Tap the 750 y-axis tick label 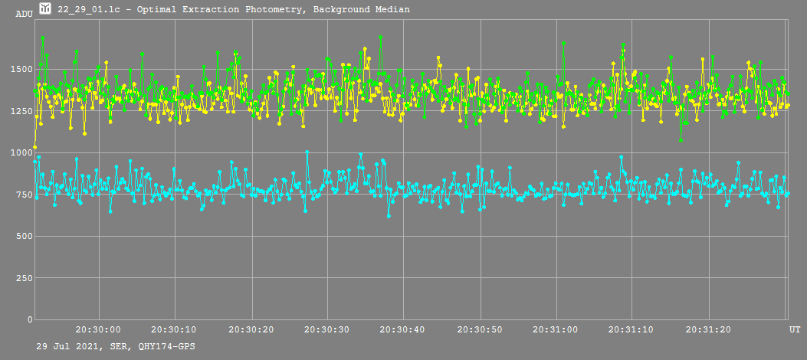tap(22, 195)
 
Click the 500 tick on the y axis tap(22, 236)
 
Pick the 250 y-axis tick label tap(22, 278)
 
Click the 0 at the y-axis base tap(28, 319)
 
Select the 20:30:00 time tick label tap(99, 329)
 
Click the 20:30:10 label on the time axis tap(175, 329)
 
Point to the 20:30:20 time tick tap(251, 329)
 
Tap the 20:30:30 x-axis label tap(327, 329)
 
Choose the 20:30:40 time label tap(404, 329)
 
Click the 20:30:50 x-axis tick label tap(480, 329)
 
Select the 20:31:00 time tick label tap(556, 329)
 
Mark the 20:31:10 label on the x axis tap(632, 329)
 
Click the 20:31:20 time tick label tap(709, 329)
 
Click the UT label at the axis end tap(795, 329)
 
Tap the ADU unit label tap(25, 14)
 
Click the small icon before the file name tap(45, 9)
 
